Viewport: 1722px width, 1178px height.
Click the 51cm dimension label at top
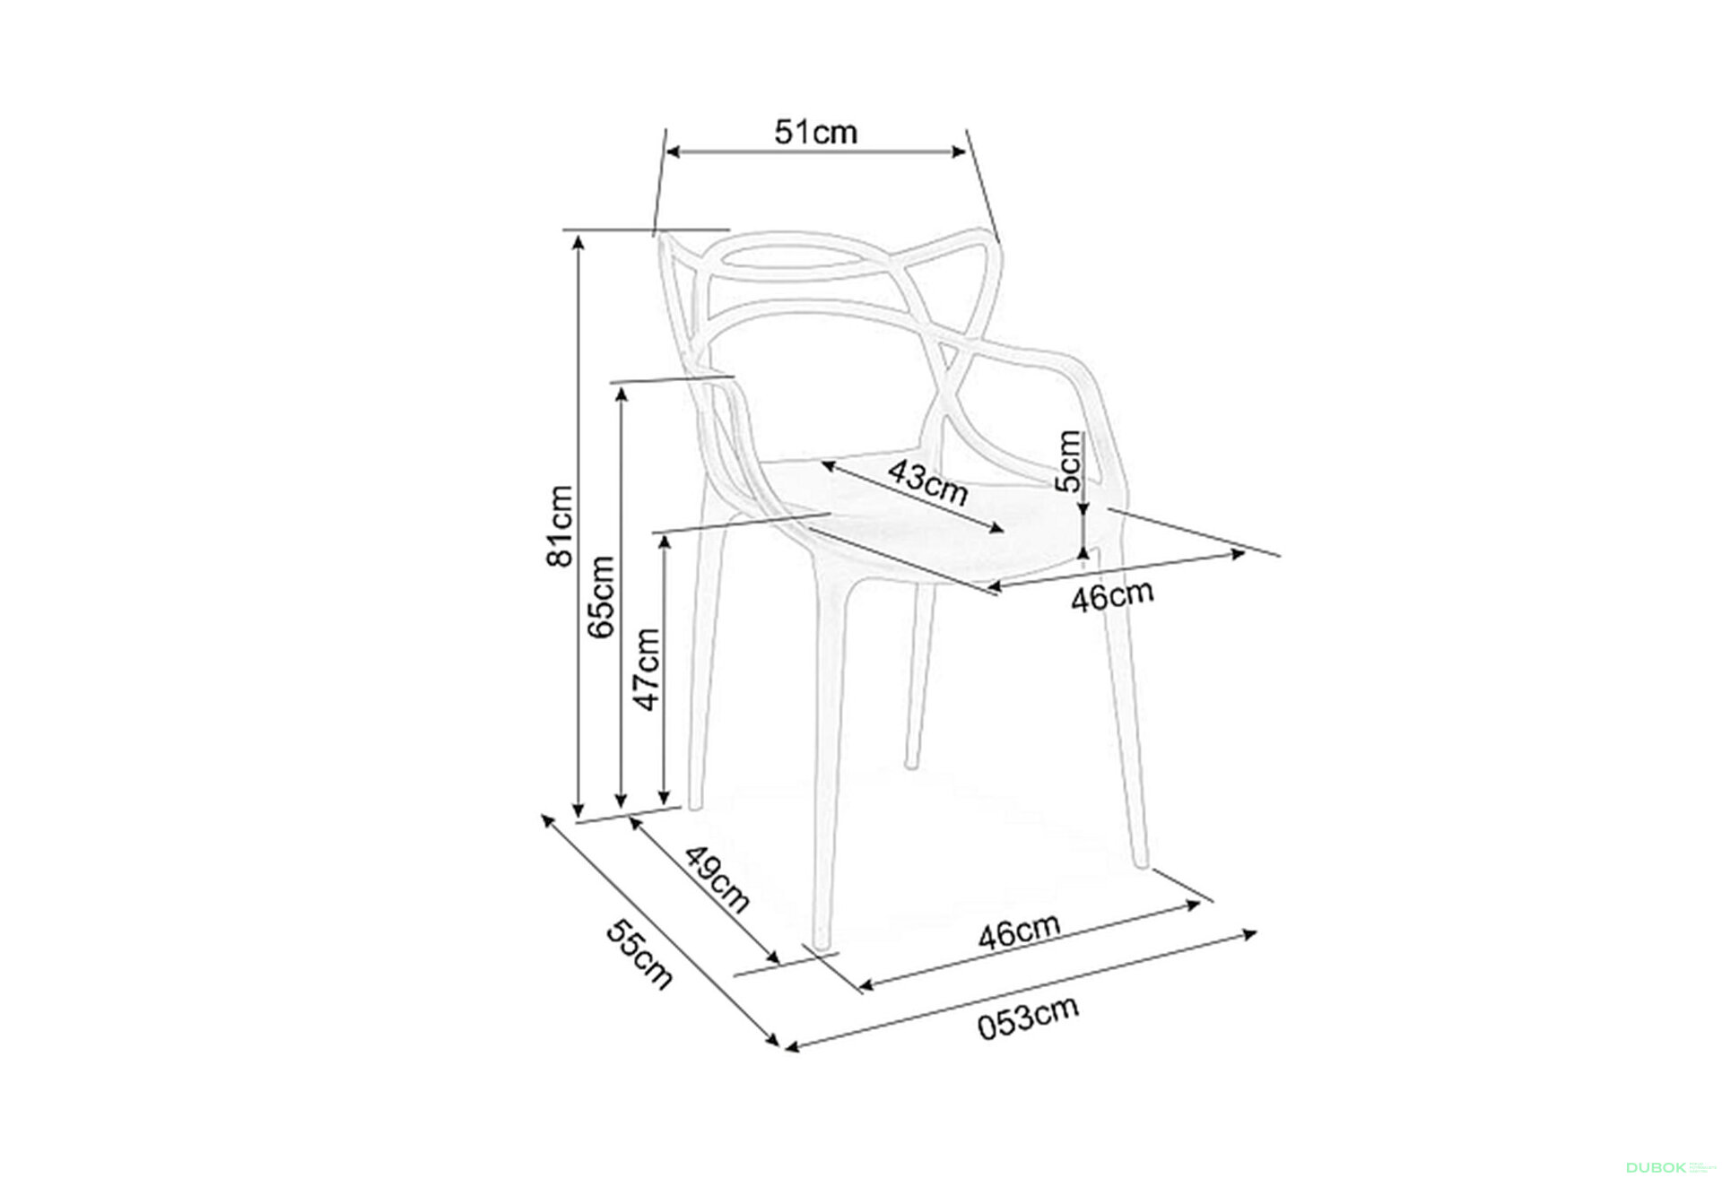coord(816,133)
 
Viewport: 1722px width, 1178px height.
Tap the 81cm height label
coord(560,526)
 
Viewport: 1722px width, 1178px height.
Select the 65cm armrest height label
coord(601,597)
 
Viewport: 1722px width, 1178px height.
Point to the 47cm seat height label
coord(646,669)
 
